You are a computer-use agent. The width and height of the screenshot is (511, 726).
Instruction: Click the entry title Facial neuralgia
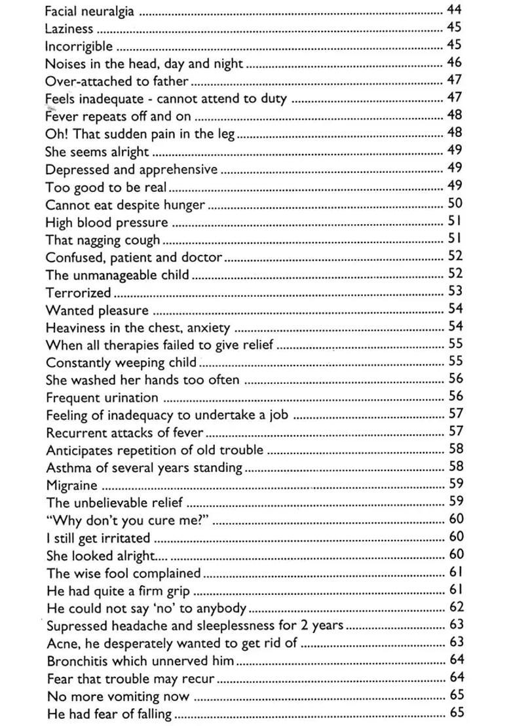click(90, 11)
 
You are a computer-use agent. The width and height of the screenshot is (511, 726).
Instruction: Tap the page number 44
click(454, 10)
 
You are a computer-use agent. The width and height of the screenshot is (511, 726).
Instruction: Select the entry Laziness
click(69, 29)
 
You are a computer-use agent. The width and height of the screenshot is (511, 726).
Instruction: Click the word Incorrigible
click(79, 47)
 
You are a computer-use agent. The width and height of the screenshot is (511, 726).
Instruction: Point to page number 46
click(454, 63)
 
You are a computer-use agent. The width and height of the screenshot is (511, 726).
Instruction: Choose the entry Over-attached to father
click(117, 81)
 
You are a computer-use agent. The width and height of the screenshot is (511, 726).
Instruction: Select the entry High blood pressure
click(107, 222)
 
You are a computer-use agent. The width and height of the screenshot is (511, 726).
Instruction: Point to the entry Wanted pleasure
click(97, 310)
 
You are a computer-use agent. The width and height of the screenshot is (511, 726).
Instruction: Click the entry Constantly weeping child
click(121, 362)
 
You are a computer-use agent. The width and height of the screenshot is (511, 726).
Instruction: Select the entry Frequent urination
click(102, 398)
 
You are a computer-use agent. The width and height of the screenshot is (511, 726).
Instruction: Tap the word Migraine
click(72, 486)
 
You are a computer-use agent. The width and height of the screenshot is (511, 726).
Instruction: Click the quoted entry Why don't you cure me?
click(128, 520)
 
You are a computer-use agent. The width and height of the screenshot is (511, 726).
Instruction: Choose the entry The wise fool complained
click(123, 573)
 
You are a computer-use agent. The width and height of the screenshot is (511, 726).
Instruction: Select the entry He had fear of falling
click(109, 714)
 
